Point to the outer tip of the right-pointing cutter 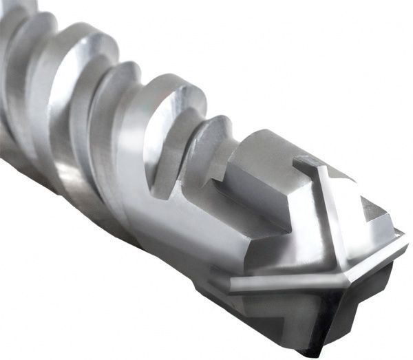405,241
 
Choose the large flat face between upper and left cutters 275,220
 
